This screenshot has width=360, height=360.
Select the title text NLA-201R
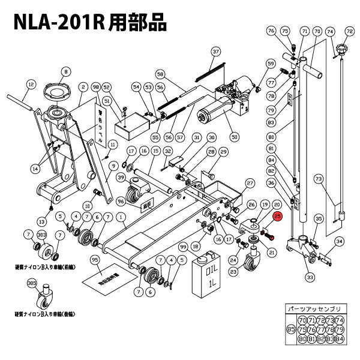coord(57,23)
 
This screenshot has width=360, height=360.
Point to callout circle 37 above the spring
coord(216,52)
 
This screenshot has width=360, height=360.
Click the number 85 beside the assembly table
coord(291,329)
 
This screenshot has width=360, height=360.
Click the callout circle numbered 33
coord(310,277)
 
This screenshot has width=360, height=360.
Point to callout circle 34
coord(340,242)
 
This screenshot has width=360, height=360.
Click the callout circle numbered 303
coord(41,234)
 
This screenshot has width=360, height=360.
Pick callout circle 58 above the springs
coord(160,74)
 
